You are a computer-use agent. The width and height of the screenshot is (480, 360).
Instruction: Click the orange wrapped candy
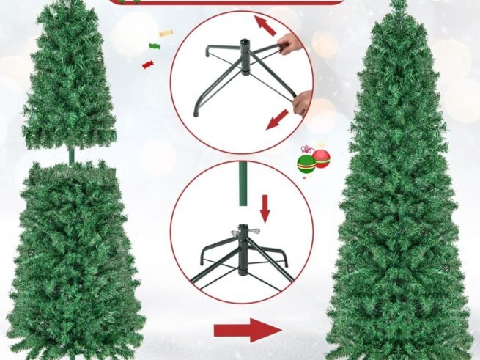pos(166,33)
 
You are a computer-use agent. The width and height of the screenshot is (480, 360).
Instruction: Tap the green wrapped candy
pos(154,46)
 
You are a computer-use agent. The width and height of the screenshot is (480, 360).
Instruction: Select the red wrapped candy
pos(148,65)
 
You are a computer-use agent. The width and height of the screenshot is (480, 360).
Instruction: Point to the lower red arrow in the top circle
pos(276,119)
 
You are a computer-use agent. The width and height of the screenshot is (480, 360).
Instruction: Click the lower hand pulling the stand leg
pos(303,102)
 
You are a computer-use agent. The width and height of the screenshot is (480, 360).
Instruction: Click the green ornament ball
pos(306,163)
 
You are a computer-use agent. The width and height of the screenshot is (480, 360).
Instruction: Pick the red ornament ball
pos(322,158)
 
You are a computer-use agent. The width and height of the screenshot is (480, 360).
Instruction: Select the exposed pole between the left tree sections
pos(72,155)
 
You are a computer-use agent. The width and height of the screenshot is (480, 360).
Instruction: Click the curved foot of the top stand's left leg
pos(197,111)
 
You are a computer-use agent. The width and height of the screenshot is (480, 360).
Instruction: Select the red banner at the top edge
pos(227,2)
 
